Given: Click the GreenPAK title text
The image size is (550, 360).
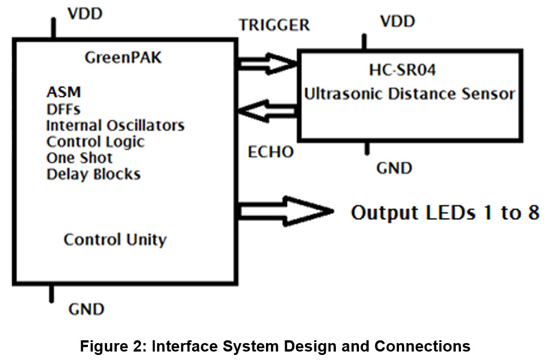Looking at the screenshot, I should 122,58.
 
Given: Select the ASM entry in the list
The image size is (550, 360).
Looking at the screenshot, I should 64,92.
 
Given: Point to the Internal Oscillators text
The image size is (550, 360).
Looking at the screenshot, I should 115,125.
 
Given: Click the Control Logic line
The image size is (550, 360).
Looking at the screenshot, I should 95,141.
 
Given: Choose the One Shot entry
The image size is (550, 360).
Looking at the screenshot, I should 79,158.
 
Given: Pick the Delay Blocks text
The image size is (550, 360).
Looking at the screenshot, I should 93,174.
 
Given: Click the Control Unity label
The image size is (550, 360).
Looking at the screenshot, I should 115,240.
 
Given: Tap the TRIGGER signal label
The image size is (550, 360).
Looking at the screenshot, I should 274,25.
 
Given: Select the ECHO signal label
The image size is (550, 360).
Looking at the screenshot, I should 270,153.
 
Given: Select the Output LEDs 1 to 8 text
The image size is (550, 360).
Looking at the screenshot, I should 445,212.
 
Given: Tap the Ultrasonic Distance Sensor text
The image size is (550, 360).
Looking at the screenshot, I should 410,94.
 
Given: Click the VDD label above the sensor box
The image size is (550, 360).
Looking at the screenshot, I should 397,21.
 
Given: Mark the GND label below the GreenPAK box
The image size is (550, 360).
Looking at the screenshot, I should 86,309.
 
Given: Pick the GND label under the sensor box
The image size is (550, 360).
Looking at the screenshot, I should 394,168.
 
